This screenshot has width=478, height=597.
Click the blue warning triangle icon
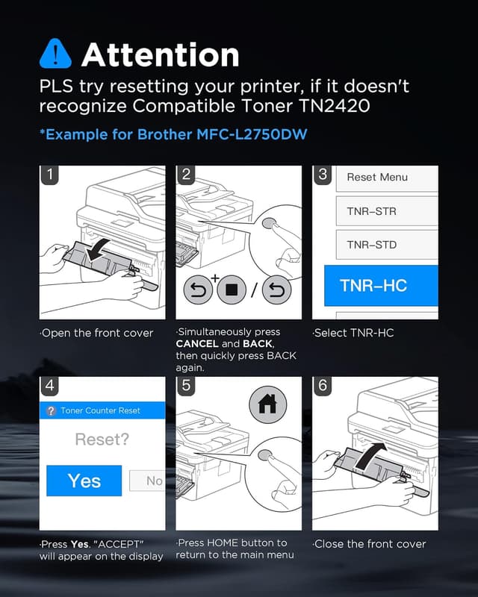click(55, 54)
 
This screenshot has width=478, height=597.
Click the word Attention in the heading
click(160, 55)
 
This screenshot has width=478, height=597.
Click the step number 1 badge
click(49, 175)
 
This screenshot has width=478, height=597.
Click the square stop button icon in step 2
click(232, 290)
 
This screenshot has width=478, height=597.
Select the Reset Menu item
click(377, 178)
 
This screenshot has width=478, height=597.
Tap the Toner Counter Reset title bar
click(102, 410)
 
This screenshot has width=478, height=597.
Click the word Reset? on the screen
click(102, 440)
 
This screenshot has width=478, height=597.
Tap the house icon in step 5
click(267, 404)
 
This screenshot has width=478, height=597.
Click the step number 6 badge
click(323, 386)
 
